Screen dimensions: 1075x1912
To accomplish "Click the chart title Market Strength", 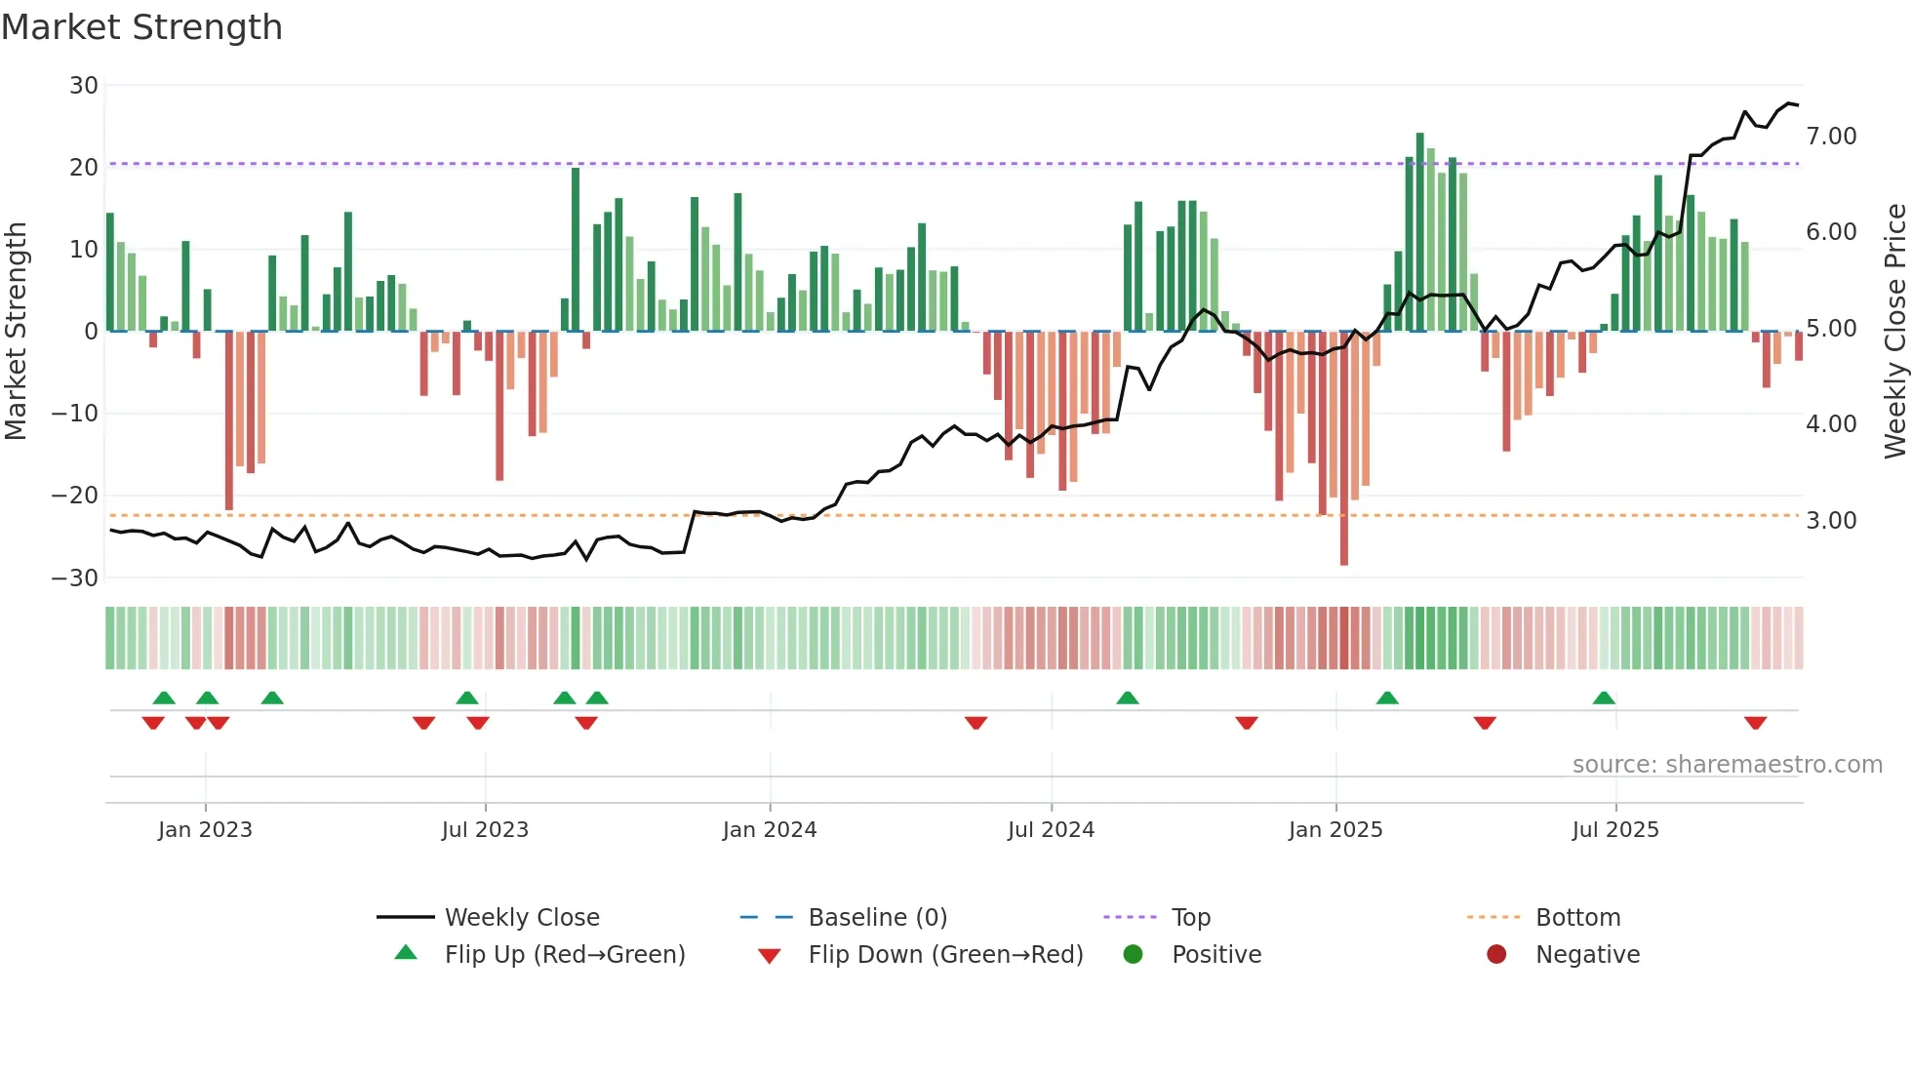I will (x=141, y=27).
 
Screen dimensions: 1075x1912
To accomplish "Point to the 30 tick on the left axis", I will (x=84, y=86).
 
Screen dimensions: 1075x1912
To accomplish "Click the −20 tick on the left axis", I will (x=75, y=496).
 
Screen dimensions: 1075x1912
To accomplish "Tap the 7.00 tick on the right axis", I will (x=1831, y=137).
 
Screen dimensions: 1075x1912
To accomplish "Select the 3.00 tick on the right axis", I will (x=1831, y=521).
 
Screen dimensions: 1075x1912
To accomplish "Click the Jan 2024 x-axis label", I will (x=770, y=830).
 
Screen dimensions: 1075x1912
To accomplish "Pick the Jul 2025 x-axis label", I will (x=1615, y=830).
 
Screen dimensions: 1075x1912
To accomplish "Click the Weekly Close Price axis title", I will (x=1894, y=332).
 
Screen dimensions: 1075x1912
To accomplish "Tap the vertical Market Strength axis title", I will (x=17, y=332).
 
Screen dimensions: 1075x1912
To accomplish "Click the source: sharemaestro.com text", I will (x=1727, y=765).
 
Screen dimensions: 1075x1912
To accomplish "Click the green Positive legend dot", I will (x=1133, y=955).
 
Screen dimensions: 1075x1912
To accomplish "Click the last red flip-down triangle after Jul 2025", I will (x=1756, y=723).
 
